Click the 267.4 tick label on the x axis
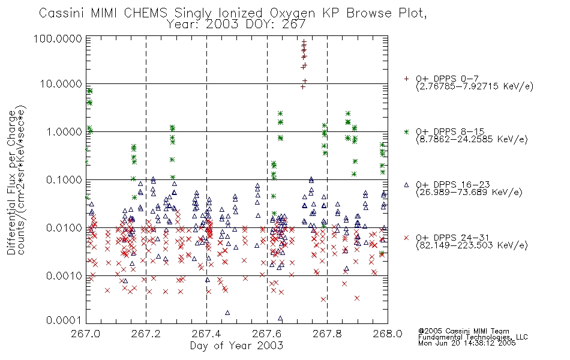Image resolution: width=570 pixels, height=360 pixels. [206, 335]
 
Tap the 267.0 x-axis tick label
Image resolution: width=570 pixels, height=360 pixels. [86, 335]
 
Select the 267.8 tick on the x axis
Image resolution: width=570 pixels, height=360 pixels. [327, 335]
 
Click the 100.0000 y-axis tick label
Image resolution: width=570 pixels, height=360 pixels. [61, 40]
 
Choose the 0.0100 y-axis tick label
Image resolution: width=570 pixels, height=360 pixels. [65, 228]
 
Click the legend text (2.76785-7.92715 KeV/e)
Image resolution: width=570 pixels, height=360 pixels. [474, 87]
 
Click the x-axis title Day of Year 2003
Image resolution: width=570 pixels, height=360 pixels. [236, 346]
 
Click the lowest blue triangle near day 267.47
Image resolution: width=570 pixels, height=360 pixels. [227, 312]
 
